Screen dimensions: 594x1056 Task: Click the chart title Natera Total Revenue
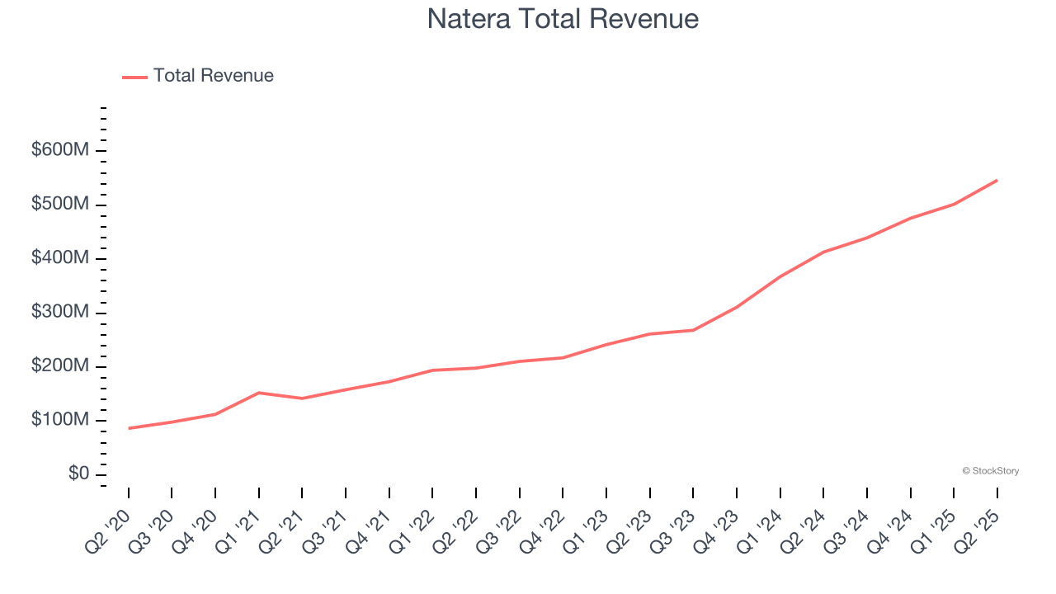(563, 19)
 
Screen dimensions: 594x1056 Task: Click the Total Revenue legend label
(213, 76)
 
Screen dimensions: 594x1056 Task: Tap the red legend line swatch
(134, 77)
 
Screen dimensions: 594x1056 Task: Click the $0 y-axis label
(79, 474)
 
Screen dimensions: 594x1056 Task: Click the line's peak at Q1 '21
(259, 393)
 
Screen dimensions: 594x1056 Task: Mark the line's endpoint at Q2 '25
(997, 180)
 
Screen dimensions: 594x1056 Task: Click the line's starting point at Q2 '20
(129, 428)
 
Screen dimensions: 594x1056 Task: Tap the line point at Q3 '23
(693, 330)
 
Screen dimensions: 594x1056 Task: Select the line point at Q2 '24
(823, 252)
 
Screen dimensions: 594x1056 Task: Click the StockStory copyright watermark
(990, 471)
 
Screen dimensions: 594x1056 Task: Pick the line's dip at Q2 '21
(302, 398)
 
